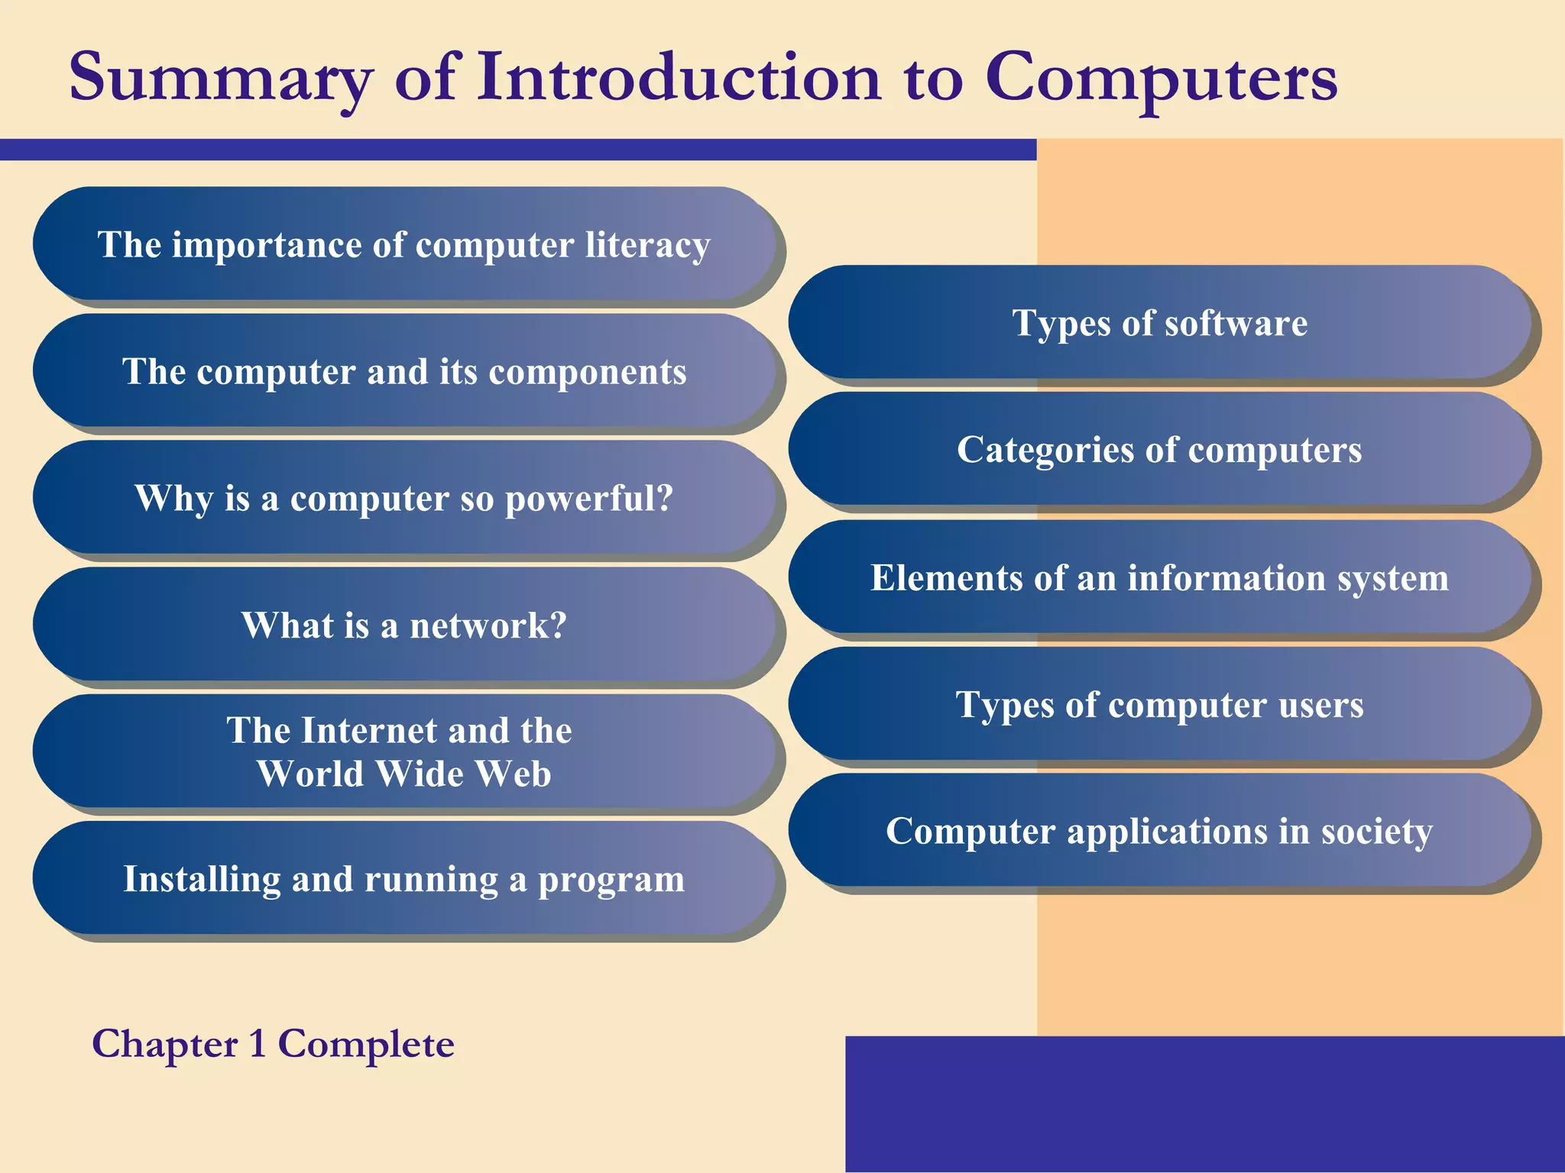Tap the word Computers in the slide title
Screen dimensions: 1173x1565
point(1161,78)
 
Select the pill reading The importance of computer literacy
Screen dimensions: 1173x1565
point(403,244)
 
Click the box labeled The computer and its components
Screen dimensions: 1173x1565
point(403,371)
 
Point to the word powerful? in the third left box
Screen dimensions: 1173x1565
point(589,499)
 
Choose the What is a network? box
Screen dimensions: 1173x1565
point(403,625)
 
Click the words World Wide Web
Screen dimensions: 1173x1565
point(403,774)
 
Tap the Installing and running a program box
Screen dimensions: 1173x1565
point(403,878)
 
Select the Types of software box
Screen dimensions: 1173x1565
point(1159,322)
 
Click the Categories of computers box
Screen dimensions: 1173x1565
point(1159,449)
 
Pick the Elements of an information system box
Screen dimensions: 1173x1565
point(1159,577)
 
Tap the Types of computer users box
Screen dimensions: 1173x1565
point(1159,704)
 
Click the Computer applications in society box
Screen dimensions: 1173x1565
point(1159,831)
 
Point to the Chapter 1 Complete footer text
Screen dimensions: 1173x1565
point(273,1044)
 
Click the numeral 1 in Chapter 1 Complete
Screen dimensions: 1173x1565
point(258,1044)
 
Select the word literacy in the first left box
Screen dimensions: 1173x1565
point(648,246)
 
